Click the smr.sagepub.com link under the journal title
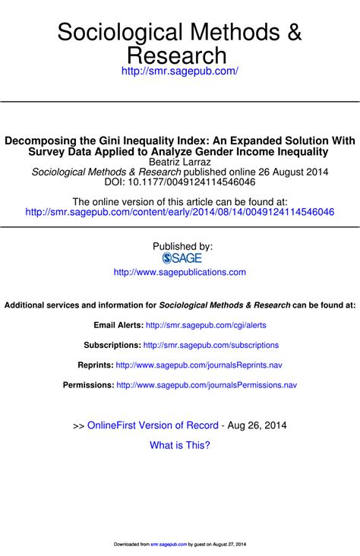[x=180, y=71]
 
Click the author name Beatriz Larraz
[x=180, y=162]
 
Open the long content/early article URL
[x=180, y=212]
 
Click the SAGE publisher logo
[x=182, y=258]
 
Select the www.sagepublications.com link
[x=180, y=272]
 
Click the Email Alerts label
[x=118, y=324]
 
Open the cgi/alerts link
[x=206, y=324]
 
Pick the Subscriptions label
[x=111, y=345]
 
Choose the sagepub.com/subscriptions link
[x=211, y=345]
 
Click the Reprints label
[x=96, y=365]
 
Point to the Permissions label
[x=88, y=385]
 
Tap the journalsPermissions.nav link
[x=207, y=385]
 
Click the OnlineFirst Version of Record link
[x=153, y=425]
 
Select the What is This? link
[x=180, y=445]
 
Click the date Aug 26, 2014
[x=257, y=425]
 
